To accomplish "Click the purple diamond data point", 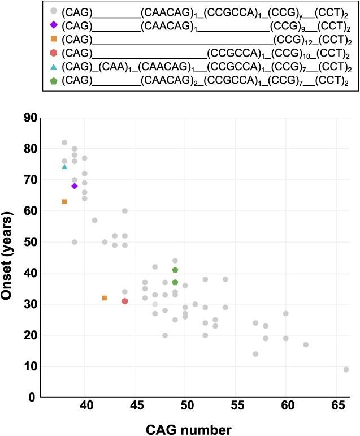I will (74, 186).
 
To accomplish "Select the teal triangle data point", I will (64, 166).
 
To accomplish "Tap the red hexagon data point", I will (125, 301).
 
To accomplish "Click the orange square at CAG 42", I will (105, 298).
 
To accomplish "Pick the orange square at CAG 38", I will (64, 202).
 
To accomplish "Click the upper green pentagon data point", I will (175, 270).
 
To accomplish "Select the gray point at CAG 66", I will (346, 369).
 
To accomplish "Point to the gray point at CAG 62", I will (306, 344).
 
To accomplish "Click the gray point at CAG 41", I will (94, 220).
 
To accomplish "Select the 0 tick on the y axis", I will (32, 398).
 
